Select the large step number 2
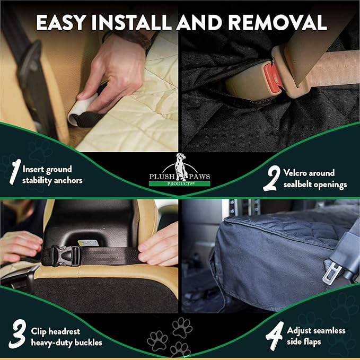271,179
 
